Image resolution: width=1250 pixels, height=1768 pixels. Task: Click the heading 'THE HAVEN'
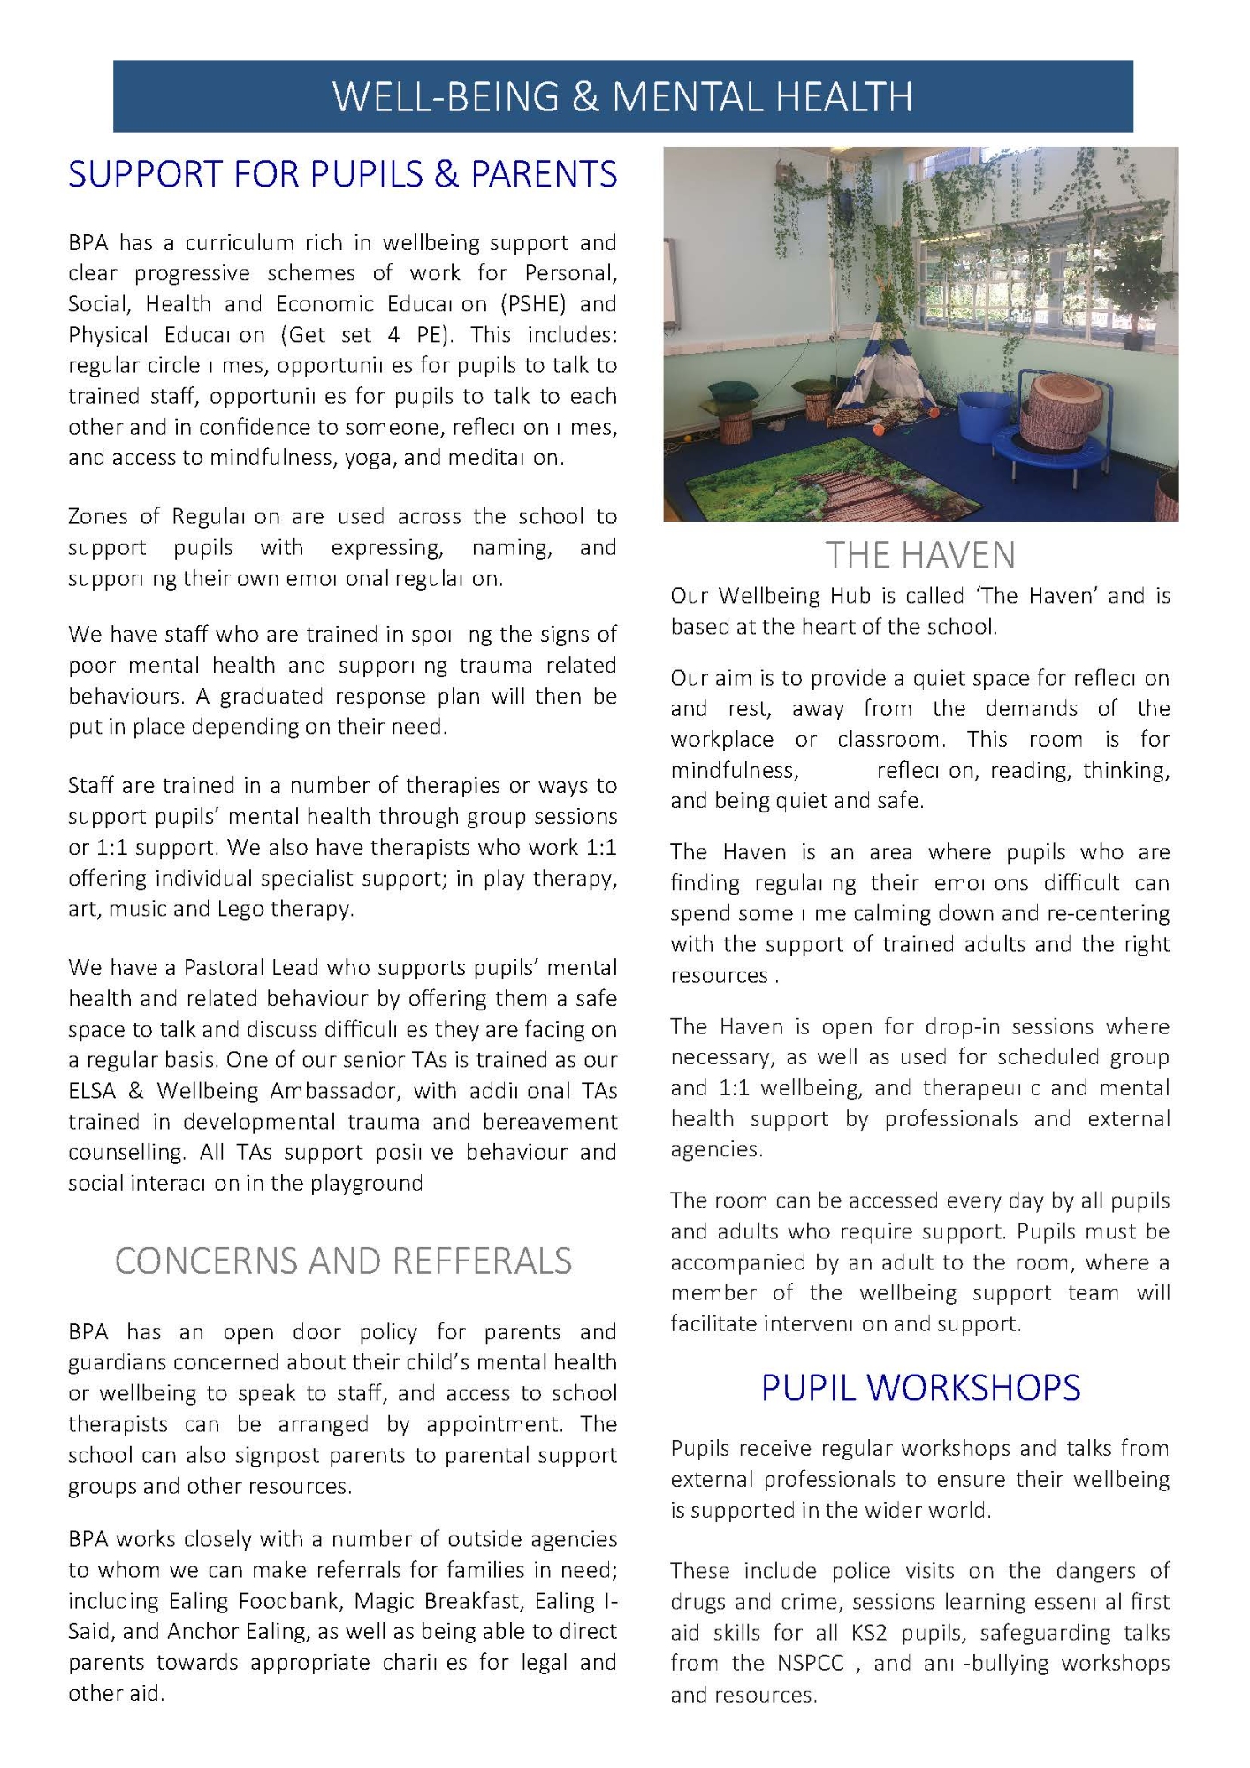[920, 555]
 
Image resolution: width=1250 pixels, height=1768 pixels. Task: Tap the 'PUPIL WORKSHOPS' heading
[920, 1389]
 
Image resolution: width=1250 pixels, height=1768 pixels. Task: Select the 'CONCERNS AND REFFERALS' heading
[343, 1261]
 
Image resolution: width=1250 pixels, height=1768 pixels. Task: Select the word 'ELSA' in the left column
[91, 1091]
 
